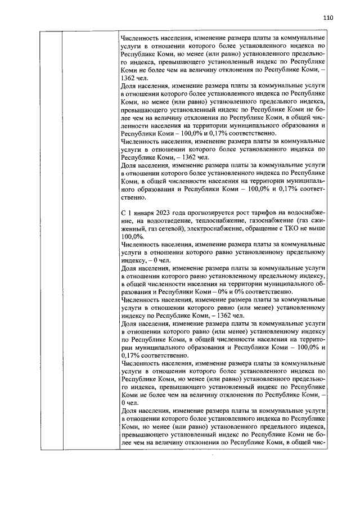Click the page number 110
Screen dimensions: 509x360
click(x=328, y=17)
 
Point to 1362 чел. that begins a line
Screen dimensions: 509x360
click(x=136, y=78)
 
